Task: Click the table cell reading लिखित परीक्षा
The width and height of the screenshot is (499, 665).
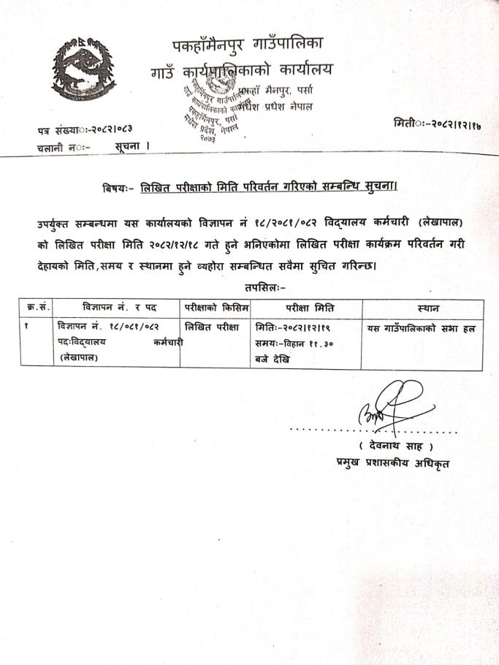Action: point(213,328)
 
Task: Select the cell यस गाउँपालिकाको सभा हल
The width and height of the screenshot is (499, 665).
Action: point(421,329)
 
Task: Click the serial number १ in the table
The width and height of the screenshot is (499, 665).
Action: point(26,327)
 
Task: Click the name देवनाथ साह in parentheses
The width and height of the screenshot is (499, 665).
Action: point(396,446)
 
